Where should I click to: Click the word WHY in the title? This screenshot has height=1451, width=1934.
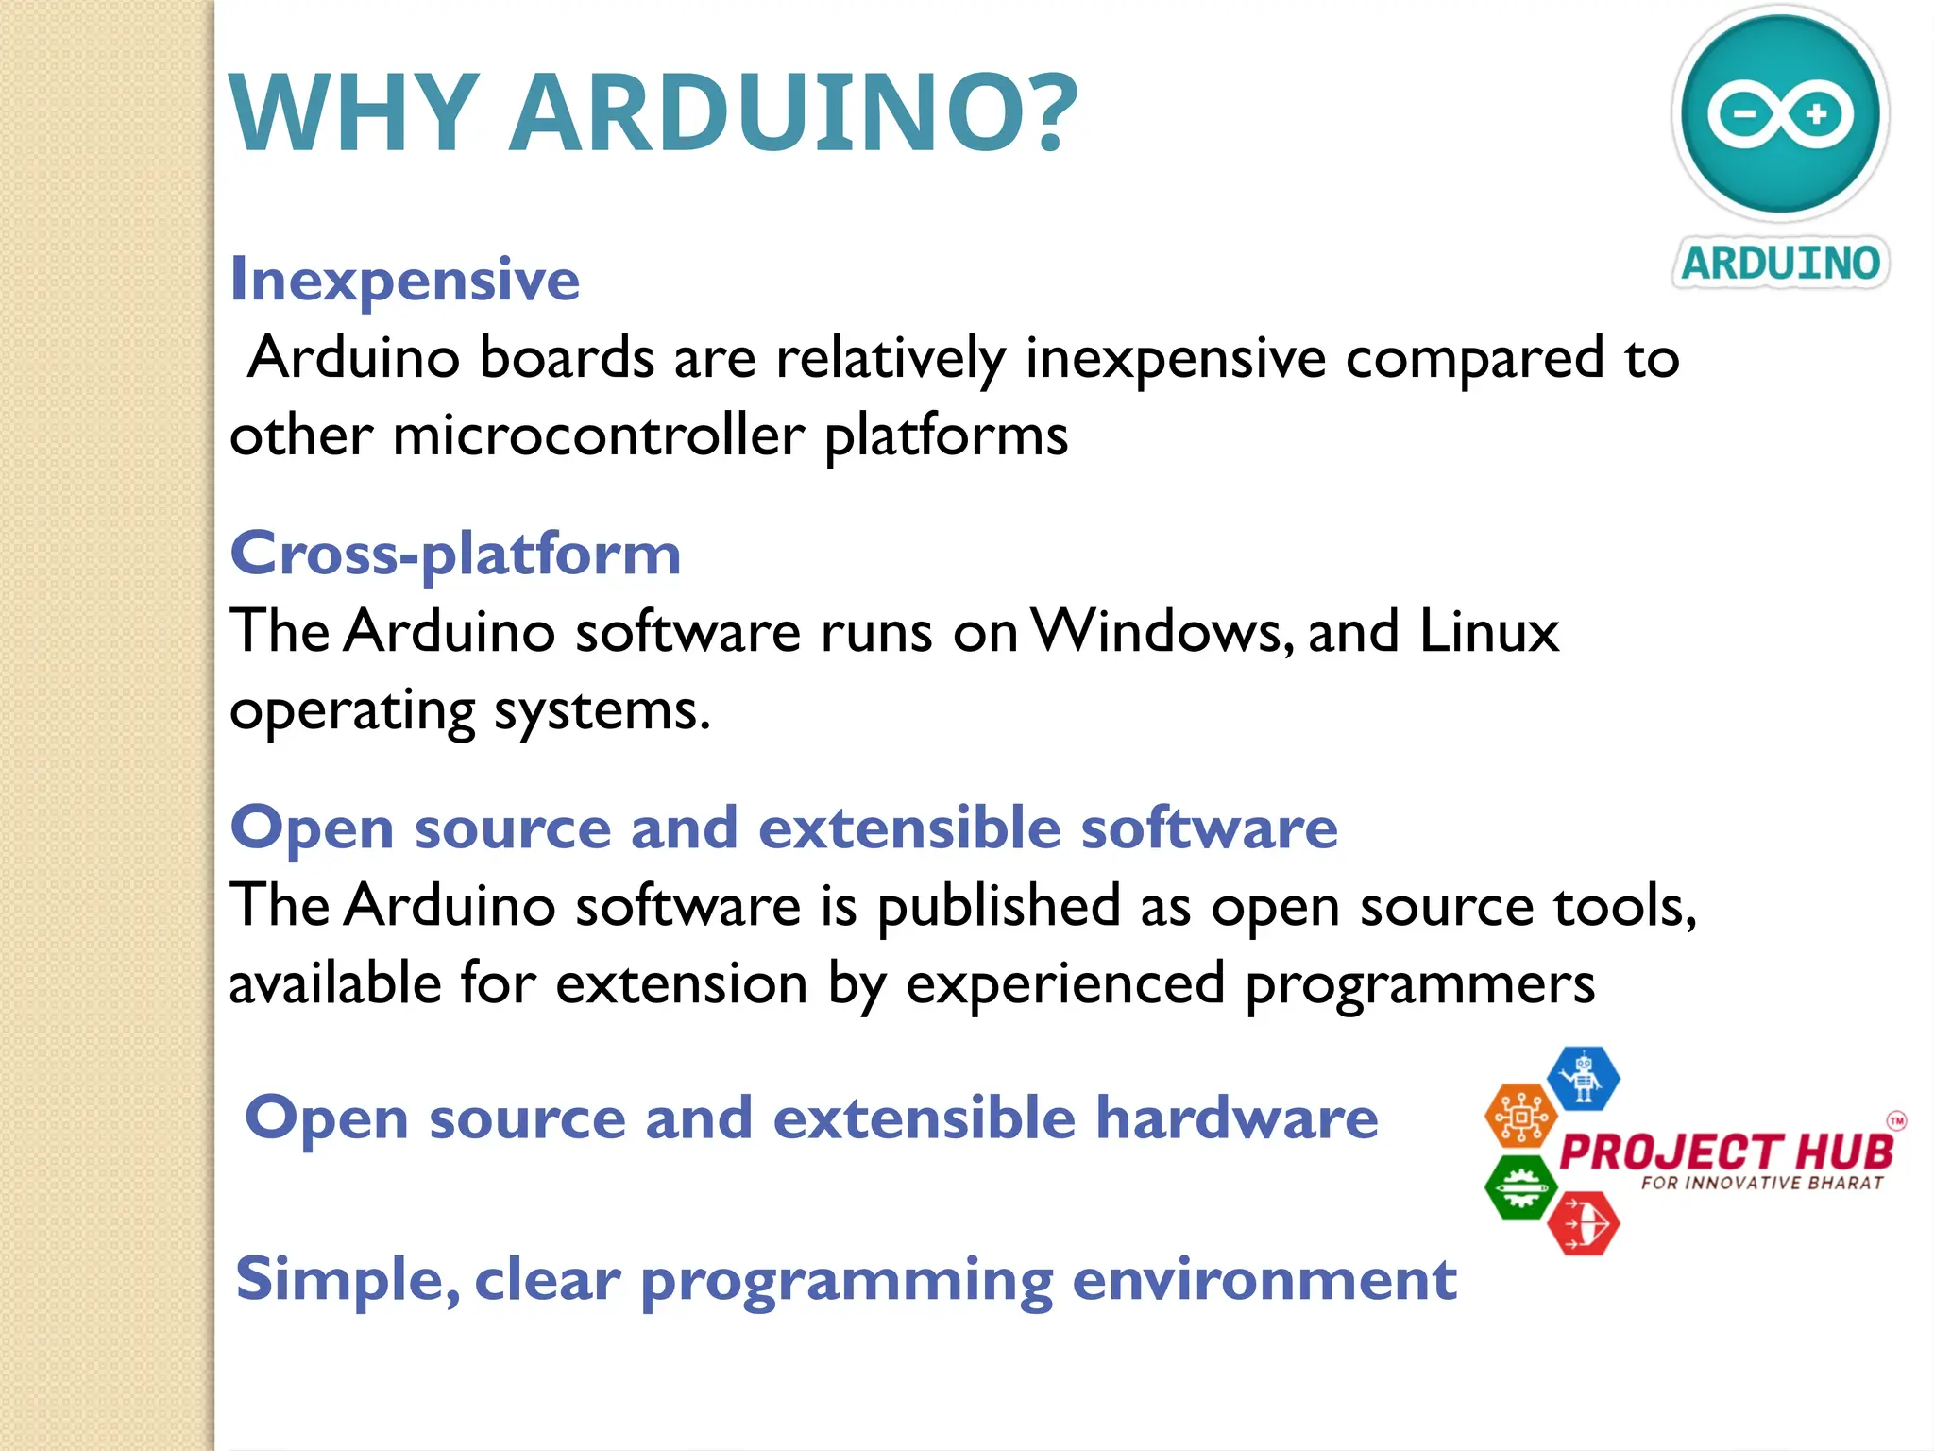[x=354, y=113]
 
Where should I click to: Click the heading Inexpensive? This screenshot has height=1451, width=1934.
[x=405, y=280]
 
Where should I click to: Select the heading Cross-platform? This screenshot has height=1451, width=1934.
[x=455, y=554]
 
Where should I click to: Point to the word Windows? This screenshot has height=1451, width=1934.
[x=1162, y=631]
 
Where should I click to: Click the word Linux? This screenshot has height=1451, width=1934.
[x=1489, y=631]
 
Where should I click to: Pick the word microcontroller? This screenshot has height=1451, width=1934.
[x=599, y=436]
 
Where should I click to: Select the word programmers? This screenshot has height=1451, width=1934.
[x=1419, y=985]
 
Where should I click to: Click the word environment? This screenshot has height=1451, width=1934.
[x=1264, y=1279]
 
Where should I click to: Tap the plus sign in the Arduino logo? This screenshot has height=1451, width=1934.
[x=1816, y=114]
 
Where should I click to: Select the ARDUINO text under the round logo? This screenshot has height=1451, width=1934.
[x=1781, y=263]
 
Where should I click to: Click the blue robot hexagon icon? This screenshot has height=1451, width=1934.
[x=1584, y=1078]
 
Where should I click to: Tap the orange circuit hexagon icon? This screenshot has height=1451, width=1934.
[x=1520, y=1117]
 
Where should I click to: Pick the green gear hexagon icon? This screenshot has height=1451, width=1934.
[x=1520, y=1186]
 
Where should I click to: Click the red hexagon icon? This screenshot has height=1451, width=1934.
[x=1584, y=1224]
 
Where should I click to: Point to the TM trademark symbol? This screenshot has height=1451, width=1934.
[x=1896, y=1121]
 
